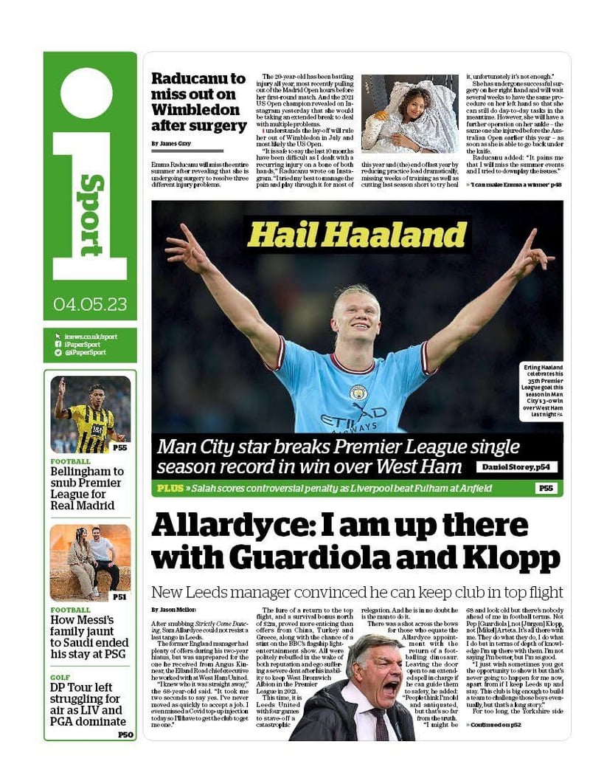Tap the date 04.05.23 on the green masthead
pyautogui.click(x=90, y=304)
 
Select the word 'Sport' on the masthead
pyautogui.click(x=91, y=215)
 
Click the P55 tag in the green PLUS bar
pyautogui.click(x=546, y=488)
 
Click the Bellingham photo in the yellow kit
pyautogui.click(x=90, y=413)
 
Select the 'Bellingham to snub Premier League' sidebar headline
pyautogui.click(x=87, y=488)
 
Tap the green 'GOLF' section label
pyautogui.click(x=60, y=676)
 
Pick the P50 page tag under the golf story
pyautogui.click(x=125, y=734)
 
